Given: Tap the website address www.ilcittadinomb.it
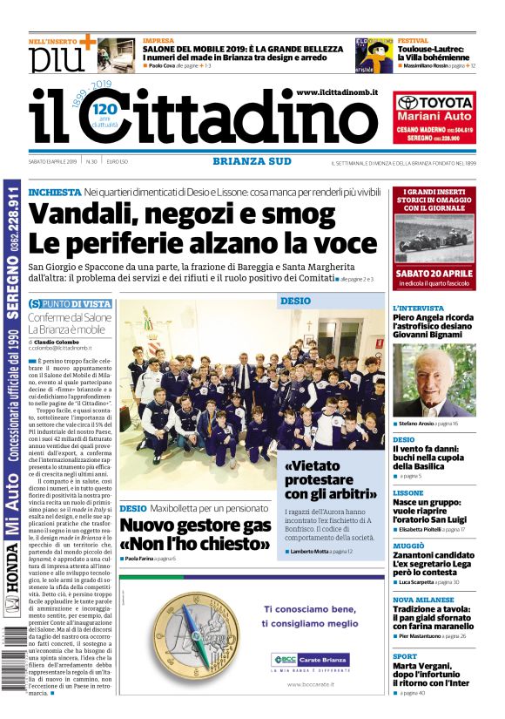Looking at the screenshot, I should coord(336,92).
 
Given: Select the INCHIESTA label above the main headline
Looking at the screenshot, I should coord(54,192).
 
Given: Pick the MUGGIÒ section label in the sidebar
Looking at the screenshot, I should coord(409,545).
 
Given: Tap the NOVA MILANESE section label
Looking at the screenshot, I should coord(423,600).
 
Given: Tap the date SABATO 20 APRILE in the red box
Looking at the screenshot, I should coord(433,273).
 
